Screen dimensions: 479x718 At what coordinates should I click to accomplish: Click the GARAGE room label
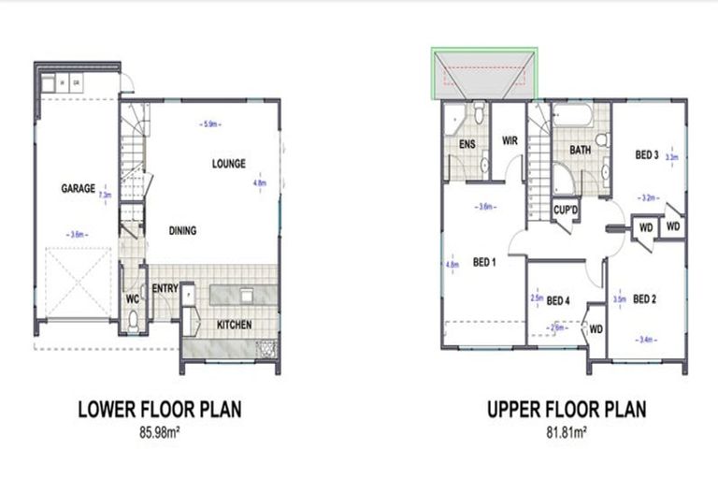coord(79,188)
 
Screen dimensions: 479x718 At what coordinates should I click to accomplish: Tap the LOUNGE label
coord(228,164)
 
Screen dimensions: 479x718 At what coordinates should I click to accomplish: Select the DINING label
coord(182,231)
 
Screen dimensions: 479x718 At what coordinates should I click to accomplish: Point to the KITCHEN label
coord(235,325)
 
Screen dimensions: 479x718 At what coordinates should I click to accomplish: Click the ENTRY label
coord(165,289)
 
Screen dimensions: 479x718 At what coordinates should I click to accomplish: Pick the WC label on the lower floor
coord(133,299)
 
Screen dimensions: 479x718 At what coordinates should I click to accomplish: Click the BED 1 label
coord(484,261)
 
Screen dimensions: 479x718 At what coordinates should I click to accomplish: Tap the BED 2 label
coord(644,299)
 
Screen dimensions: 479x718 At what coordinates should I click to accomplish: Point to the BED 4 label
coord(558,300)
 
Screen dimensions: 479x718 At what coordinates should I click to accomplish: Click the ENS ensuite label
coord(467,144)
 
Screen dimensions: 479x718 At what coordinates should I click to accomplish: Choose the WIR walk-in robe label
coord(510,141)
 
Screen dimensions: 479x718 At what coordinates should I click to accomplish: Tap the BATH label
coord(580,150)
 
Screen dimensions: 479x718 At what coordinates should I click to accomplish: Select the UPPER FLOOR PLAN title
coord(567,409)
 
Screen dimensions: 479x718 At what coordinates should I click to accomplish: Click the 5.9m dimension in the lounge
coord(209,123)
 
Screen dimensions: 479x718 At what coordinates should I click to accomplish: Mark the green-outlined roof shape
coord(484,75)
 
